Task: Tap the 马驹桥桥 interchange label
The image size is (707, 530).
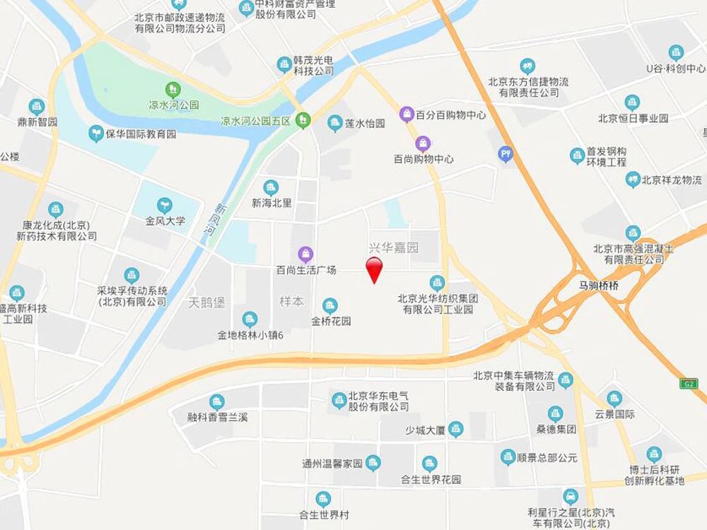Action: [x=595, y=286]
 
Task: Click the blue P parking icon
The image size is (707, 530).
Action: [x=506, y=153]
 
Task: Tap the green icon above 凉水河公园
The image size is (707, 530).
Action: [x=172, y=90]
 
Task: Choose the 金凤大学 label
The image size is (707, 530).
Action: [x=165, y=220]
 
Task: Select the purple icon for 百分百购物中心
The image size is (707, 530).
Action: [x=407, y=113]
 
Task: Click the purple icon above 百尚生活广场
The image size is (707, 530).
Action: [x=305, y=253]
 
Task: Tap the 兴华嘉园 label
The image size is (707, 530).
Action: [x=394, y=248]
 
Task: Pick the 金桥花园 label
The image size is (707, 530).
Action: [x=331, y=321]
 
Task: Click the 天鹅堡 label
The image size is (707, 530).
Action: [x=206, y=302]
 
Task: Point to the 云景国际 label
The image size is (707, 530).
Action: [x=615, y=415]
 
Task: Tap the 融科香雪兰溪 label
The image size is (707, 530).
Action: [x=218, y=417]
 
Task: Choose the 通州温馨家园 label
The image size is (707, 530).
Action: [x=332, y=464]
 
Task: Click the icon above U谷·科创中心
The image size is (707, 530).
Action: [x=677, y=52]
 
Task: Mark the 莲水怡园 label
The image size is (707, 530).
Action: [x=365, y=124]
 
